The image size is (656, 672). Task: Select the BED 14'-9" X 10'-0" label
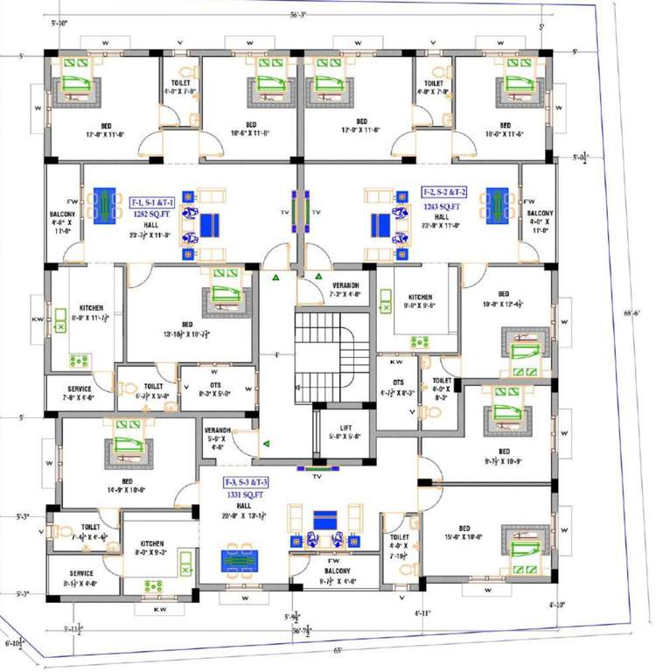tap(128, 486)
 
